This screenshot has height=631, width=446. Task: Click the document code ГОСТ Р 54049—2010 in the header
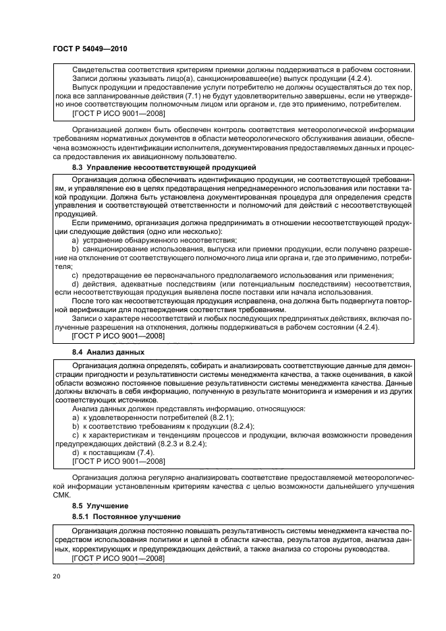point(89,49)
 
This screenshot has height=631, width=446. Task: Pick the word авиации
point(364,139)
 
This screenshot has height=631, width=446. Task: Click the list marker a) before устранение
point(76,240)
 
